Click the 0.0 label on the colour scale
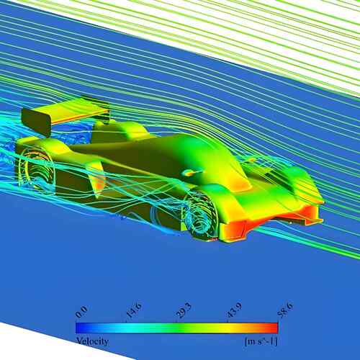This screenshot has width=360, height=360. (x=81, y=312)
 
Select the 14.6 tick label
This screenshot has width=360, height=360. (x=134, y=310)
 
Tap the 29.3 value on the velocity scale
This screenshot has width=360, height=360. (x=184, y=310)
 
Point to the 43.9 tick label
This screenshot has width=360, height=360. (x=235, y=310)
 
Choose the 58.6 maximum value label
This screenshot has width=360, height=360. (x=285, y=310)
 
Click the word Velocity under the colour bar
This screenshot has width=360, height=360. (x=92, y=341)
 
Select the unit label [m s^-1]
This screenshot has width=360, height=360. (x=261, y=341)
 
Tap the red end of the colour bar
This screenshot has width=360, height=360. (x=274, y=328)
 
